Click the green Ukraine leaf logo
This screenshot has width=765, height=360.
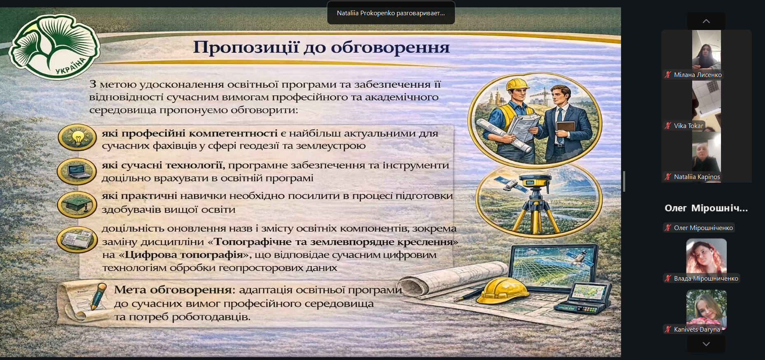(x=54, y=46)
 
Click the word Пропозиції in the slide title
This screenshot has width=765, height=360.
(x=246, y=48)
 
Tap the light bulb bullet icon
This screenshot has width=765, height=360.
(x=77, y=137)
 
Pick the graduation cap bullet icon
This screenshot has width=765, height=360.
(x=77, y=204)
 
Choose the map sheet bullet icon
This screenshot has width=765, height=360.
(x=77, y=239)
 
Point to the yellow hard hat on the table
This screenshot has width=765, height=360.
(x=504, y=291)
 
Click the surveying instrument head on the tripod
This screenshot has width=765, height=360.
(x=535, y=180)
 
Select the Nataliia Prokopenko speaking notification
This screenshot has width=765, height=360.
(x=391, y=13)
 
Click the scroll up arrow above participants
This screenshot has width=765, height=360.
(x=706, y=21)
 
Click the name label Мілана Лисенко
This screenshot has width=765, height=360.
(x=698, y=75)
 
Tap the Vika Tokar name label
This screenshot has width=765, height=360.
(x=688, y=126)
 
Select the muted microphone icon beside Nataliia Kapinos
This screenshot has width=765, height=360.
(x=668, y=177)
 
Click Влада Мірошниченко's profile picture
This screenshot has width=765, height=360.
(x=706, y=257)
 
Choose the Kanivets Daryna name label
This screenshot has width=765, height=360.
(x=697, y=330)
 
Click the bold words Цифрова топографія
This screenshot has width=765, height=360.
(x=184, y=255)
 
